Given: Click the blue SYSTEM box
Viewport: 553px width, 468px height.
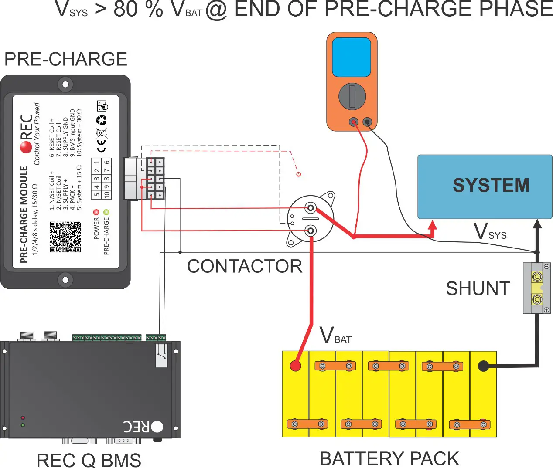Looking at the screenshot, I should [485, 187].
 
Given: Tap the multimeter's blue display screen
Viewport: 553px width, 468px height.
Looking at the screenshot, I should [351, 57].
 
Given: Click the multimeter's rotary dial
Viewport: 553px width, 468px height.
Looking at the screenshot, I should [352, 96].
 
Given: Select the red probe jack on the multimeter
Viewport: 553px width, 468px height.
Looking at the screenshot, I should [354, 122].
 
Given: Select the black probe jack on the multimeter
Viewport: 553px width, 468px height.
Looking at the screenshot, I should [368, 122].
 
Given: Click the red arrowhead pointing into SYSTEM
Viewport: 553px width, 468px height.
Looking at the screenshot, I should [432, 226].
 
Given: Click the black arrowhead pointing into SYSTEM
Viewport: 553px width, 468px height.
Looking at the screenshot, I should [537, 224].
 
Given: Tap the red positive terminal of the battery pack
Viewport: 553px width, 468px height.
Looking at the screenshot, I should [296, 366].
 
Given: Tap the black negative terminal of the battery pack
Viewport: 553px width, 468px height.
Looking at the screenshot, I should [483, 366].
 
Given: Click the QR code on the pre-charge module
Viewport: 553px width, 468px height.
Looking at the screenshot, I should [65, 237].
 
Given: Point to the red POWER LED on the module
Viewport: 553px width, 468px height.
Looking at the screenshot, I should [96, 212].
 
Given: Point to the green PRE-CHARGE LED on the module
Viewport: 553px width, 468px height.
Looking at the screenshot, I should [106, 212].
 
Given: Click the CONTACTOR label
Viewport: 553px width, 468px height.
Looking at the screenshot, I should [244, 266].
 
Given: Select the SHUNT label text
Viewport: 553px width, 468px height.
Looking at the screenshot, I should [478, 288].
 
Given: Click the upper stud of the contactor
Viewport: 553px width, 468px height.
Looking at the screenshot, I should [311, 208].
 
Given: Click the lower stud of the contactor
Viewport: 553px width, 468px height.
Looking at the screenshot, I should [311, 231].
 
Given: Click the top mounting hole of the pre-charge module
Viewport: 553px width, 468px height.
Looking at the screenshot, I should [65, 84].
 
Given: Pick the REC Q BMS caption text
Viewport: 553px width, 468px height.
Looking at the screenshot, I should [89, 460].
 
